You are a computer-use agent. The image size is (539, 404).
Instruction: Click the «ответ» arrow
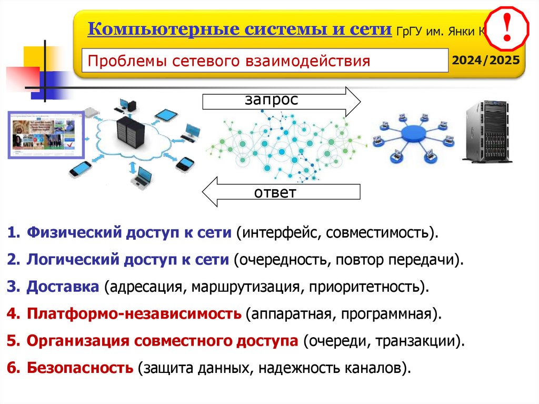pos(281,192)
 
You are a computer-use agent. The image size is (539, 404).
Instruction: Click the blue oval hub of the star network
pos(412,134)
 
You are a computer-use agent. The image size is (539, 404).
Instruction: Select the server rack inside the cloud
pos(129,134)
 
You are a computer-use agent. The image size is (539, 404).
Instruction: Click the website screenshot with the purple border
pos(45,134)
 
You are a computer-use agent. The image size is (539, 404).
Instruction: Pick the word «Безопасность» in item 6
pos(80,368)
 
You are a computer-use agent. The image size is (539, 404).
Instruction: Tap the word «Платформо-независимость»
pos(134,314)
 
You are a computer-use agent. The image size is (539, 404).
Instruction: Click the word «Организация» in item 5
pos(77,341)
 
